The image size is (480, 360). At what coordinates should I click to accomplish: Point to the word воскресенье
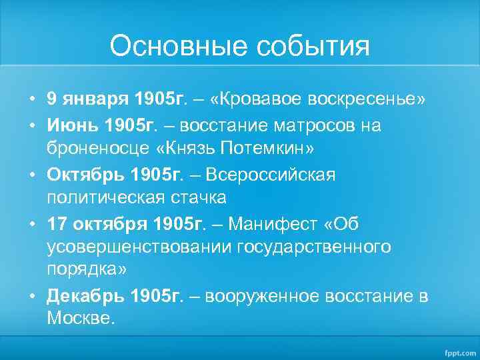[373, 100]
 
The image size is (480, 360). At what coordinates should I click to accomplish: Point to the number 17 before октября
[57, 223]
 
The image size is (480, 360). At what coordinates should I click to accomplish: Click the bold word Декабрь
[87, 296]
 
